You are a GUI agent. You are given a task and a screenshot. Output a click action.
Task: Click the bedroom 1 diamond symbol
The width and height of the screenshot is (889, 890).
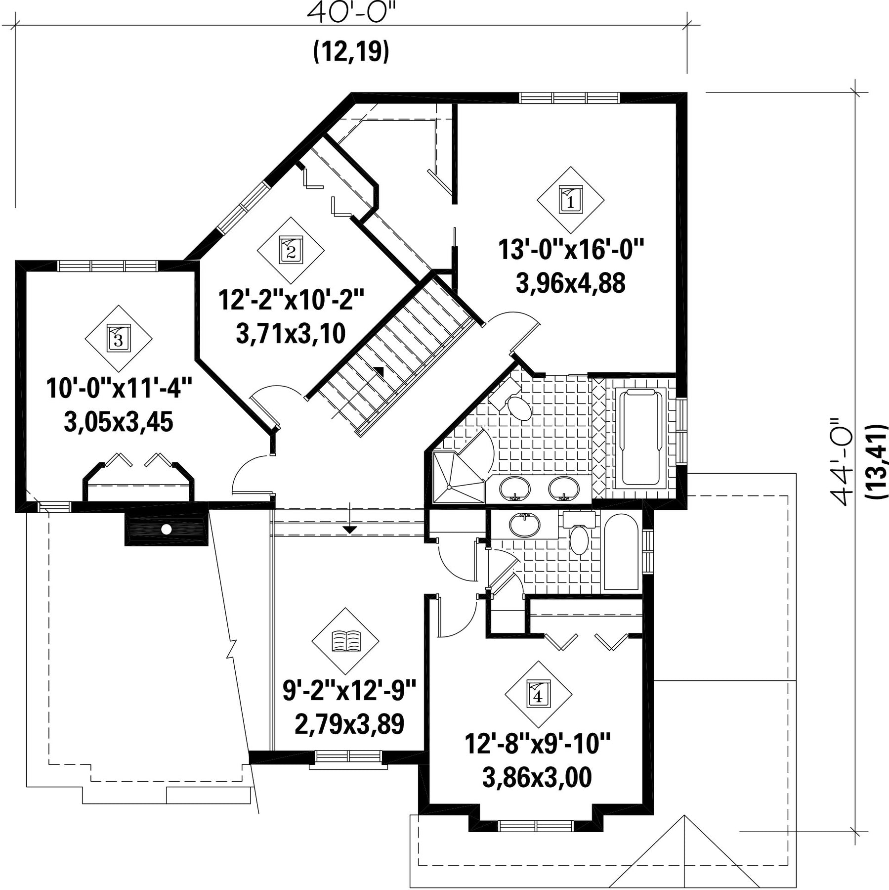[x=571, y=200]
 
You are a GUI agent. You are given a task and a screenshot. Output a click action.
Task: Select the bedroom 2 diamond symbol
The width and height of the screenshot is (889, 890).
[x=291, y=250]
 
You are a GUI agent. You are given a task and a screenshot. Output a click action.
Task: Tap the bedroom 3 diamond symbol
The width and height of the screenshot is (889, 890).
[x=119, y=338]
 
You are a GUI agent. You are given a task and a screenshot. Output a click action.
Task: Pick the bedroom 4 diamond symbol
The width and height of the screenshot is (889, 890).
[x=538, y=694]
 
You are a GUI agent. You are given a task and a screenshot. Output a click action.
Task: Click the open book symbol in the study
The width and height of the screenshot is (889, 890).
[x=345, y=641]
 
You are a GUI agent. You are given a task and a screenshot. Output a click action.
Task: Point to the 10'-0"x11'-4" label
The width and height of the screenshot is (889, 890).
[x=119, y=388]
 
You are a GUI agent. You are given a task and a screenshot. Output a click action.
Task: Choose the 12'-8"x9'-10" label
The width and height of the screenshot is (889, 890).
[x=538, y=744]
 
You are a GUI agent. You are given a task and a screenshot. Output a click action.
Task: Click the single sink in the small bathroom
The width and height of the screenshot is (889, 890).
[x=525, y=525]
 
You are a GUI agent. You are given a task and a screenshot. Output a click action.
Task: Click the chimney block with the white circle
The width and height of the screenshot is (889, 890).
[x=167, y=529]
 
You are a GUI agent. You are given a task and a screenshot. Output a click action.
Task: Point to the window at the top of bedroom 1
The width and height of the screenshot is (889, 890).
[x=570, y=98]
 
